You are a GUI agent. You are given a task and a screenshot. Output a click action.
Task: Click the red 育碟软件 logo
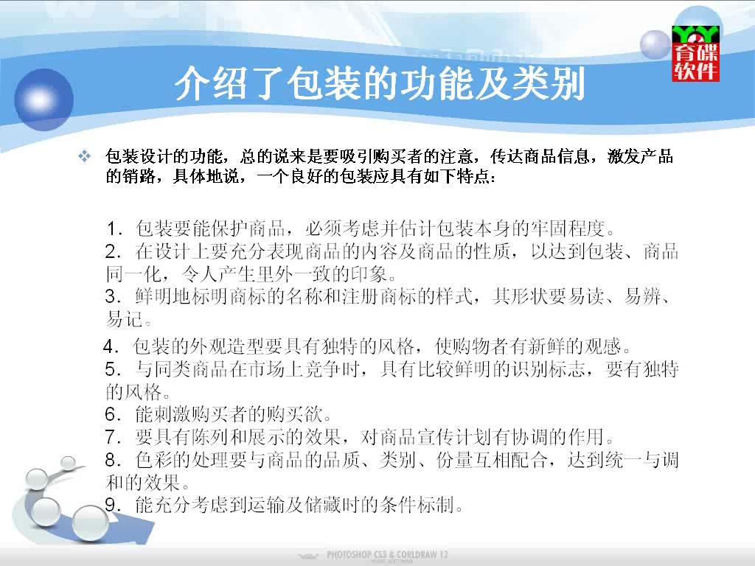click(x=695, y=53)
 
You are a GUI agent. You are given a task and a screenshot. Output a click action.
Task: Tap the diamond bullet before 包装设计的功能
click(x=85, y=156)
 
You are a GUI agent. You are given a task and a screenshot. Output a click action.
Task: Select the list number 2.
click(x=114, y=252)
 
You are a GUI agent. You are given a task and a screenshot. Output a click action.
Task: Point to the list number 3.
click(x=114, y=297)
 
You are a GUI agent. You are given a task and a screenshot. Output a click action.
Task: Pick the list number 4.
click(x=111, y=346)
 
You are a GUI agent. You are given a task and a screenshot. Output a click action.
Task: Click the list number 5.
click(x=114, y=370)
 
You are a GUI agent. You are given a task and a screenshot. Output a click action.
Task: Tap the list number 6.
click(x=114, y=414)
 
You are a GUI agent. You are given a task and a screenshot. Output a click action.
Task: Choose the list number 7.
click(x=114, y=437)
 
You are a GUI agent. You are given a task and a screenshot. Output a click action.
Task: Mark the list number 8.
click(x=114, y=460)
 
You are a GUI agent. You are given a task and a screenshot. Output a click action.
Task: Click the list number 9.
click(x=114, y=505)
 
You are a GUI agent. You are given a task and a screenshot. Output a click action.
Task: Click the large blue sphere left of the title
click(x=44, y=99)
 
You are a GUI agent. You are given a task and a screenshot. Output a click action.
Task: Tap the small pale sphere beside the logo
click(x=655, y=44)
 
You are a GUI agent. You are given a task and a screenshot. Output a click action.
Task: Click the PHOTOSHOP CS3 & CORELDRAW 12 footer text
click(x=387, y=554)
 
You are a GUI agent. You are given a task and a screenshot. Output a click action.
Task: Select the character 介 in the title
click(x=192, y=84)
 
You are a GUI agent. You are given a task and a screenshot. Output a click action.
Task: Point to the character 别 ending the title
click(x=568, y=84)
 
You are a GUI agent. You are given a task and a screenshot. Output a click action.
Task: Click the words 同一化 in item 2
click(x=133, y=274)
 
